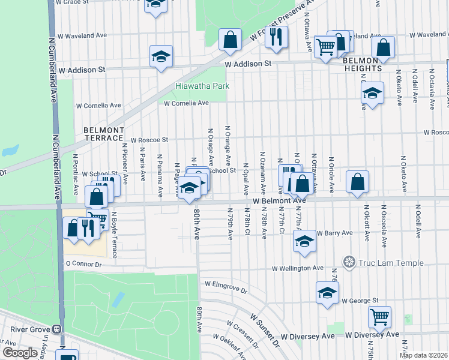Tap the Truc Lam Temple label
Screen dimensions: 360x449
[391, 263]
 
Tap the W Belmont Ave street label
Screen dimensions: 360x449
[279, 201]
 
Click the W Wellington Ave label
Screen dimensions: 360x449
[298, 268]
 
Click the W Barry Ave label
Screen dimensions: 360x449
[334, 233]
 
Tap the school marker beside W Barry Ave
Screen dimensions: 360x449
[304, 241]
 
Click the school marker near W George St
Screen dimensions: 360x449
[327, 292]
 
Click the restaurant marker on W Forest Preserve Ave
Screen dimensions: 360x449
[276, 37]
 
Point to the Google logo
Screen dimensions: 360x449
[20, 353]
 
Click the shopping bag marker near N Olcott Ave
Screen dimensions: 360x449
[357, 182]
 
